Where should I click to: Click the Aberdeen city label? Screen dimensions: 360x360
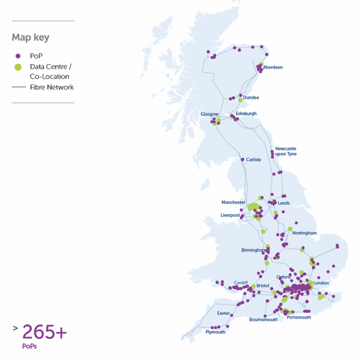click(x=273, y=67)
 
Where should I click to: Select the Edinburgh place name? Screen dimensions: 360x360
click(x=246, y=113)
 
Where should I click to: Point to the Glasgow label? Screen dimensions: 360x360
click(x=209, y=113)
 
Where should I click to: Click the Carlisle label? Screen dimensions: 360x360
click(x=254, y=160)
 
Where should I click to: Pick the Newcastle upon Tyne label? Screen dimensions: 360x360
click(x=286, y=151)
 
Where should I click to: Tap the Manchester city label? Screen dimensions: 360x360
click(x=233, y=202)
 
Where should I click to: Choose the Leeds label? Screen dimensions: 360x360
click(x=284, y=203)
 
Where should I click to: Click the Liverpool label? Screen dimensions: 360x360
click(x=230, y=215)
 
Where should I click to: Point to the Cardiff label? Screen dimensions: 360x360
click(x=241, y=282)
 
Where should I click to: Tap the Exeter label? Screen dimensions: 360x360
click(x=223, y=313)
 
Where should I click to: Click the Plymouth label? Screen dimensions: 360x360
click(x=215, y=332)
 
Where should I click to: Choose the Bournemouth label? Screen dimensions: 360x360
click(x=263, y=320)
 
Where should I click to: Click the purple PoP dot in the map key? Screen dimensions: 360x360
click(x=18, y=56)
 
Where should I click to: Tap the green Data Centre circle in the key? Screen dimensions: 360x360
click(x=18, y=66)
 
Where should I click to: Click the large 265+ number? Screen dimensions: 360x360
click(x=44, y=331)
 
